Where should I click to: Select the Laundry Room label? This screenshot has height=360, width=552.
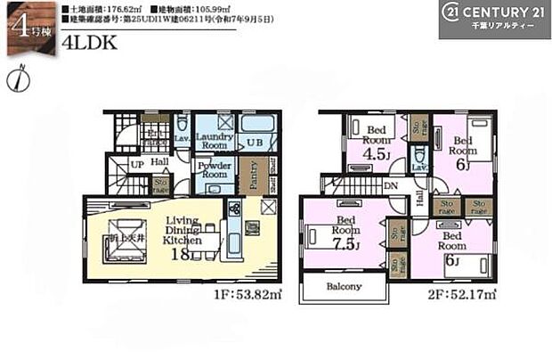(214, 141)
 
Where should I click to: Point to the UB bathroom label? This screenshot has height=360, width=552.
(255, 142)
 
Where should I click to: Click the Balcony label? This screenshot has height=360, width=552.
(345, 286)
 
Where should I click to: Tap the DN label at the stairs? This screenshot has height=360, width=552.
(390, 185)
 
